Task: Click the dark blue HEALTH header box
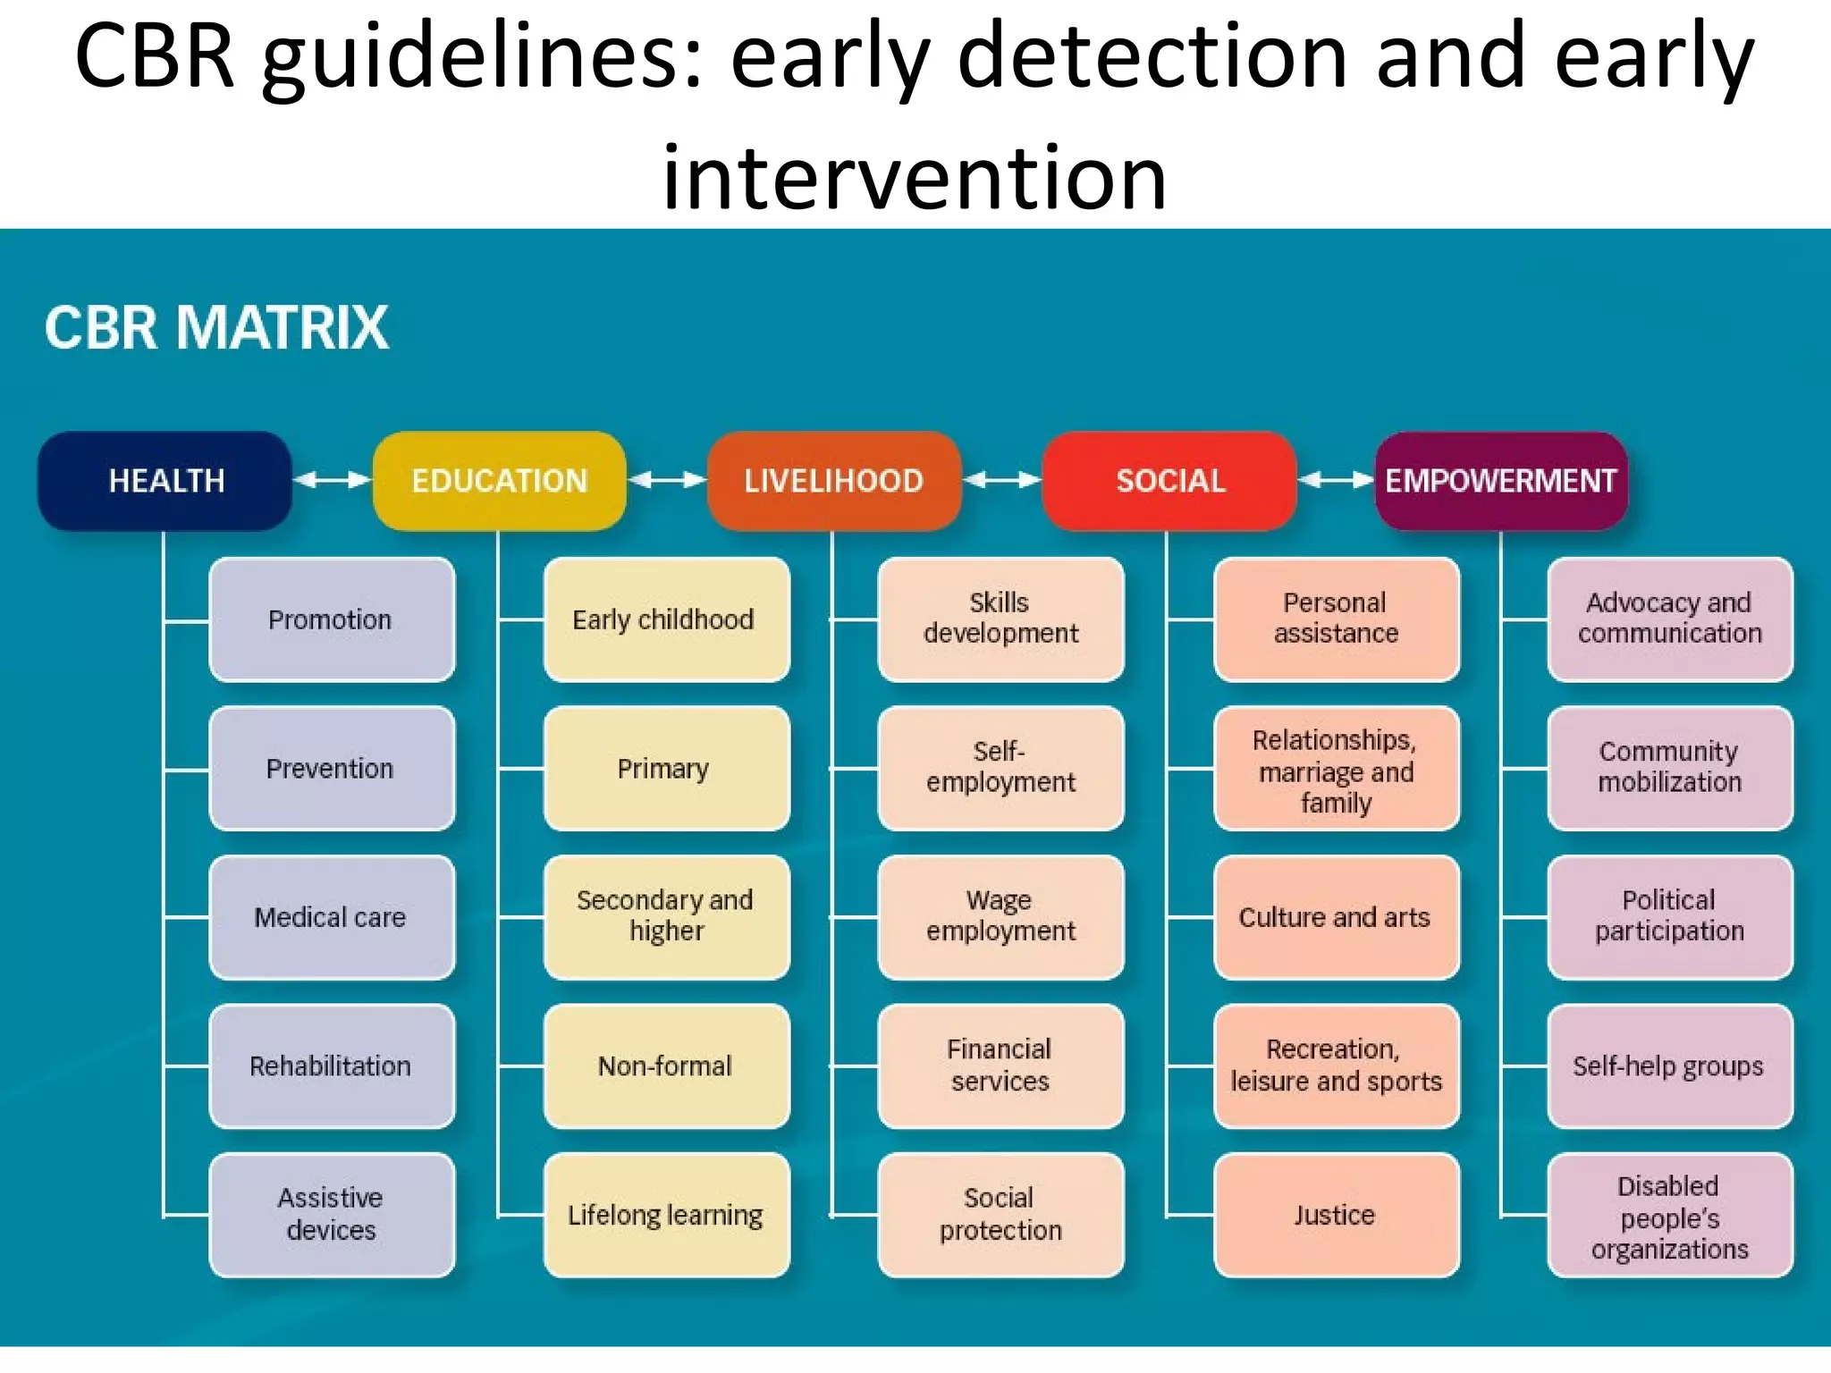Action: click(165, 481)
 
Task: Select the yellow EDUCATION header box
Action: click(499, 481)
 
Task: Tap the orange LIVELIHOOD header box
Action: click(833, 481)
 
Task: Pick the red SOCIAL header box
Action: click(1169, 481)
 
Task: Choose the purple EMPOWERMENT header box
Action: click(1501, 481)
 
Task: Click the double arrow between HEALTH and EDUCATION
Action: click(332, 480)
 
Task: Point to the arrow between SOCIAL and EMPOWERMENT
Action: click(1336, 480)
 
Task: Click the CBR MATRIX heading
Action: click(216, 327)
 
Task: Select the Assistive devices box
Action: click(332, 1214)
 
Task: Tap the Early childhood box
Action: click(665, 619)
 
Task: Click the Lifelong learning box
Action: click(665, 1214)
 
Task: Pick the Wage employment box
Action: click(1000, 916)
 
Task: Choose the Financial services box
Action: click(1000, 1065)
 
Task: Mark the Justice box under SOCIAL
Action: click(1336, 1214)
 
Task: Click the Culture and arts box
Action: click(1336, 916)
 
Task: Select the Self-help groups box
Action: click(1669, 1065)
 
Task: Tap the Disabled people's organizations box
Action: click(1669, 1216)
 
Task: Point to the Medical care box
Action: click(332, 916)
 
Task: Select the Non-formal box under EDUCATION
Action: click(665, 1065)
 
